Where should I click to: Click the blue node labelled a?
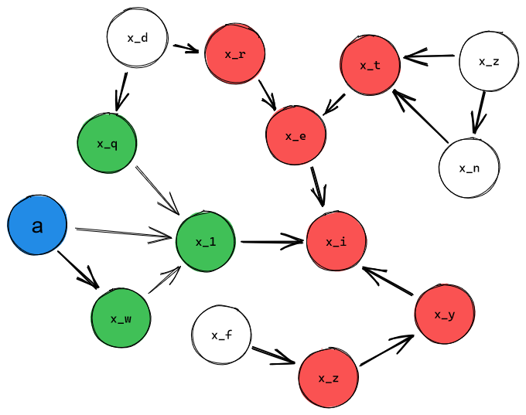(x=37, y=225)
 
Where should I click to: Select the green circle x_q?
(x=107, y=144)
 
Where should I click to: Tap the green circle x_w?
(x=121, y=318)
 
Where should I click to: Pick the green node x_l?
(x=205, y=242)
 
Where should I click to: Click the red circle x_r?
(x=235, y=53)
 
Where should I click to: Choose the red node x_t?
(x=370, y=65)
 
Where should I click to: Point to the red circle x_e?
(x=295, y=136)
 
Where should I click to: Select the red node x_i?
(x=336, y=242)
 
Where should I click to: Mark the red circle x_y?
(x=444, y=315)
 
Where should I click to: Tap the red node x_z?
(x=328, y=378)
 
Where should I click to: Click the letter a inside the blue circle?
(x=37, y=226)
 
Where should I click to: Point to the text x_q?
(x=107, y=144)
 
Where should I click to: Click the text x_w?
(x=121, y=318)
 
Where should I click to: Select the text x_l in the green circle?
(x=205, y=242)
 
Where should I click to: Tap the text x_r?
(x=235, y=54)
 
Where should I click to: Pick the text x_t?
(x=370, y=65)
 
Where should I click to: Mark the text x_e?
(x=295, y=137)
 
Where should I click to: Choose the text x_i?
(x=336, y=242)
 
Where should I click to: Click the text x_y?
(x=444, y=315)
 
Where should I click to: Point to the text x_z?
(x=328, y=378)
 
